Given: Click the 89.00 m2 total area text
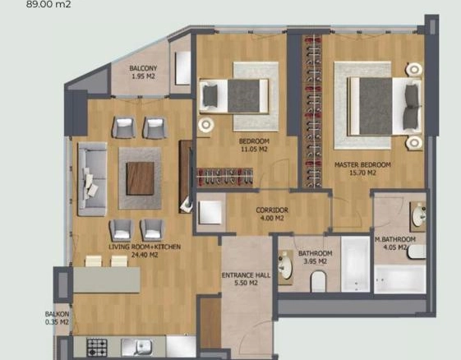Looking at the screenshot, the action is (x=48, y=4).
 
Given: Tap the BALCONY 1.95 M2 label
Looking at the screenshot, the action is (x=143, y=72).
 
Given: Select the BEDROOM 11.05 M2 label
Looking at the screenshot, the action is (x=254, y=145).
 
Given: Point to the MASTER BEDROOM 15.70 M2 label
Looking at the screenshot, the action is (x=362, y=168).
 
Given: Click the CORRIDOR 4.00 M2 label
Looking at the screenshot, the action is (x=272, y=214).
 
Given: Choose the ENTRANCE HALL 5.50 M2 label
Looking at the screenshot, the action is (x=246, y=279).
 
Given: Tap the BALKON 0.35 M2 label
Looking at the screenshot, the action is (x=57, y=318).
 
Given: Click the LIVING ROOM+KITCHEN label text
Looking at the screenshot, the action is (x=145, y=247).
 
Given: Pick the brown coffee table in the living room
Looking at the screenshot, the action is (x=141, y=178).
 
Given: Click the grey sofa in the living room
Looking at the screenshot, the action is (x=92, y=179).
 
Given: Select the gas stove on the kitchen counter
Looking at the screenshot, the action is (x=97, y=347).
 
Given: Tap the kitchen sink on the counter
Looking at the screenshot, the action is (x=136, y=347).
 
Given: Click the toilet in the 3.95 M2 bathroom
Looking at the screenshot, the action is (x=318, y=281).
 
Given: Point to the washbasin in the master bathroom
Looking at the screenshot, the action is (x=419, y=216).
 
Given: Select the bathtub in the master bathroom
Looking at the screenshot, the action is (x=400, y=279).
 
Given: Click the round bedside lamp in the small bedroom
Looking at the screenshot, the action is (x=205, y=125).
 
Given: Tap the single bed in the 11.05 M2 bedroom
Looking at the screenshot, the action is (x=233, y=96).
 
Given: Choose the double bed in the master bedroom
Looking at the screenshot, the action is (x=385, y=106).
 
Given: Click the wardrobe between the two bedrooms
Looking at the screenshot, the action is (x=312, y=111).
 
